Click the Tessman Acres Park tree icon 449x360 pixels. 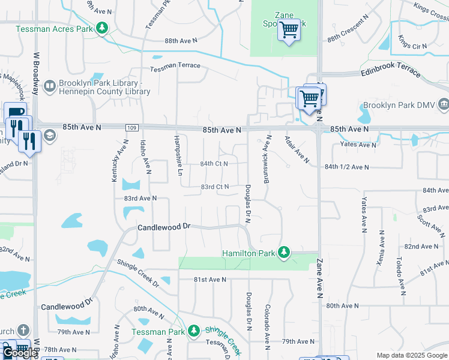pos(102,28)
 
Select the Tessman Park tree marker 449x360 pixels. pos(193,331)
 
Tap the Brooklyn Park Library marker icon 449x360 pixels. pos(49,88)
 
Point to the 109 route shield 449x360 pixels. pos(133,128)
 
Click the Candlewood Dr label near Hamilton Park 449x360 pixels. pos(163,227)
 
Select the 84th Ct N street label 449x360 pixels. pos(214,164)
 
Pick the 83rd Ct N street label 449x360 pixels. pos(214,187)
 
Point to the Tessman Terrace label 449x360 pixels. pos(175,67)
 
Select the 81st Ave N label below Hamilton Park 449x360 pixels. pos(209,280)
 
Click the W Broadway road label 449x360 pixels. pos(36,73)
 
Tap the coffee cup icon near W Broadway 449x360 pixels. pos(15,112)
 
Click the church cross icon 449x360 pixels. pos(22,331)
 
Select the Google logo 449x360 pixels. pos(19,353)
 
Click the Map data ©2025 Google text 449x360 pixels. pos(411,355)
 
